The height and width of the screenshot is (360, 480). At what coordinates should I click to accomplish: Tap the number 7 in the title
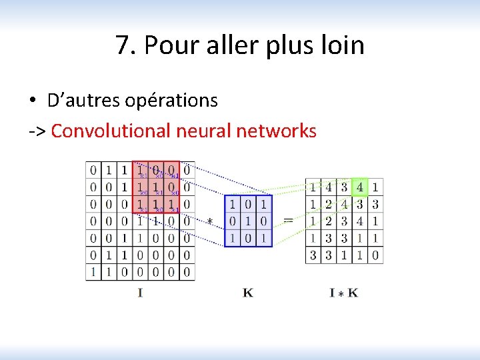(x=122, y=46)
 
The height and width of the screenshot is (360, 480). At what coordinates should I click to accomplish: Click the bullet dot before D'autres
(x=32, y=101)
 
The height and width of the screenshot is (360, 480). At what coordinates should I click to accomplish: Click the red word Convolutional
(x=111, y=131)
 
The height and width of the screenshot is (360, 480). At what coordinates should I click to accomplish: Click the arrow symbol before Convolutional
(x=37, y=131)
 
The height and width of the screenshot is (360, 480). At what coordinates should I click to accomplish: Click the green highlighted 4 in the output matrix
(x=360, y=187)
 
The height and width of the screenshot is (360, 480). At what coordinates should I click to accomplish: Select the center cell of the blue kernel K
(x=248, y=221)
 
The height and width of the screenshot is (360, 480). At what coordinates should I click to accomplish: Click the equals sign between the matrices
(x=289, y=219)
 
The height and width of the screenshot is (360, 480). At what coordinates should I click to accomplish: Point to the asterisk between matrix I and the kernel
(x=210, y=221)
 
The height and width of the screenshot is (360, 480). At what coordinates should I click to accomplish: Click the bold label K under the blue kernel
(x=248, y=292)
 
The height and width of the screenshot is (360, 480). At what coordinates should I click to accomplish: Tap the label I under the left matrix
(x=140, y=292)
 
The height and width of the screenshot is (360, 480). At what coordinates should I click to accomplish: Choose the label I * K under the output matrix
(x=343, y=292)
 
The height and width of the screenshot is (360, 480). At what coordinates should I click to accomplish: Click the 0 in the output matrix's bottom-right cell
(x=375, y=255)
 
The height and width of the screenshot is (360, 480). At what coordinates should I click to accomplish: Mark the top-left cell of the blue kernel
(x=233, y=203)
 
